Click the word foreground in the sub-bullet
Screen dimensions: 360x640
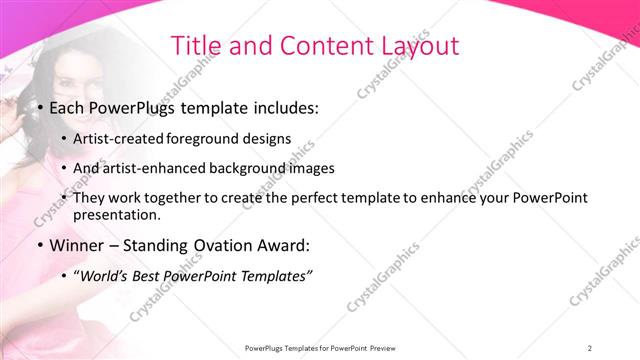tap(210, 139)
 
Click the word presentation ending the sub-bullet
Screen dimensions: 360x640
tap(116, 215)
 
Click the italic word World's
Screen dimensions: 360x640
tap(105, 275)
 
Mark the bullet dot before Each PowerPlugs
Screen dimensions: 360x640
tap(39, 108)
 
